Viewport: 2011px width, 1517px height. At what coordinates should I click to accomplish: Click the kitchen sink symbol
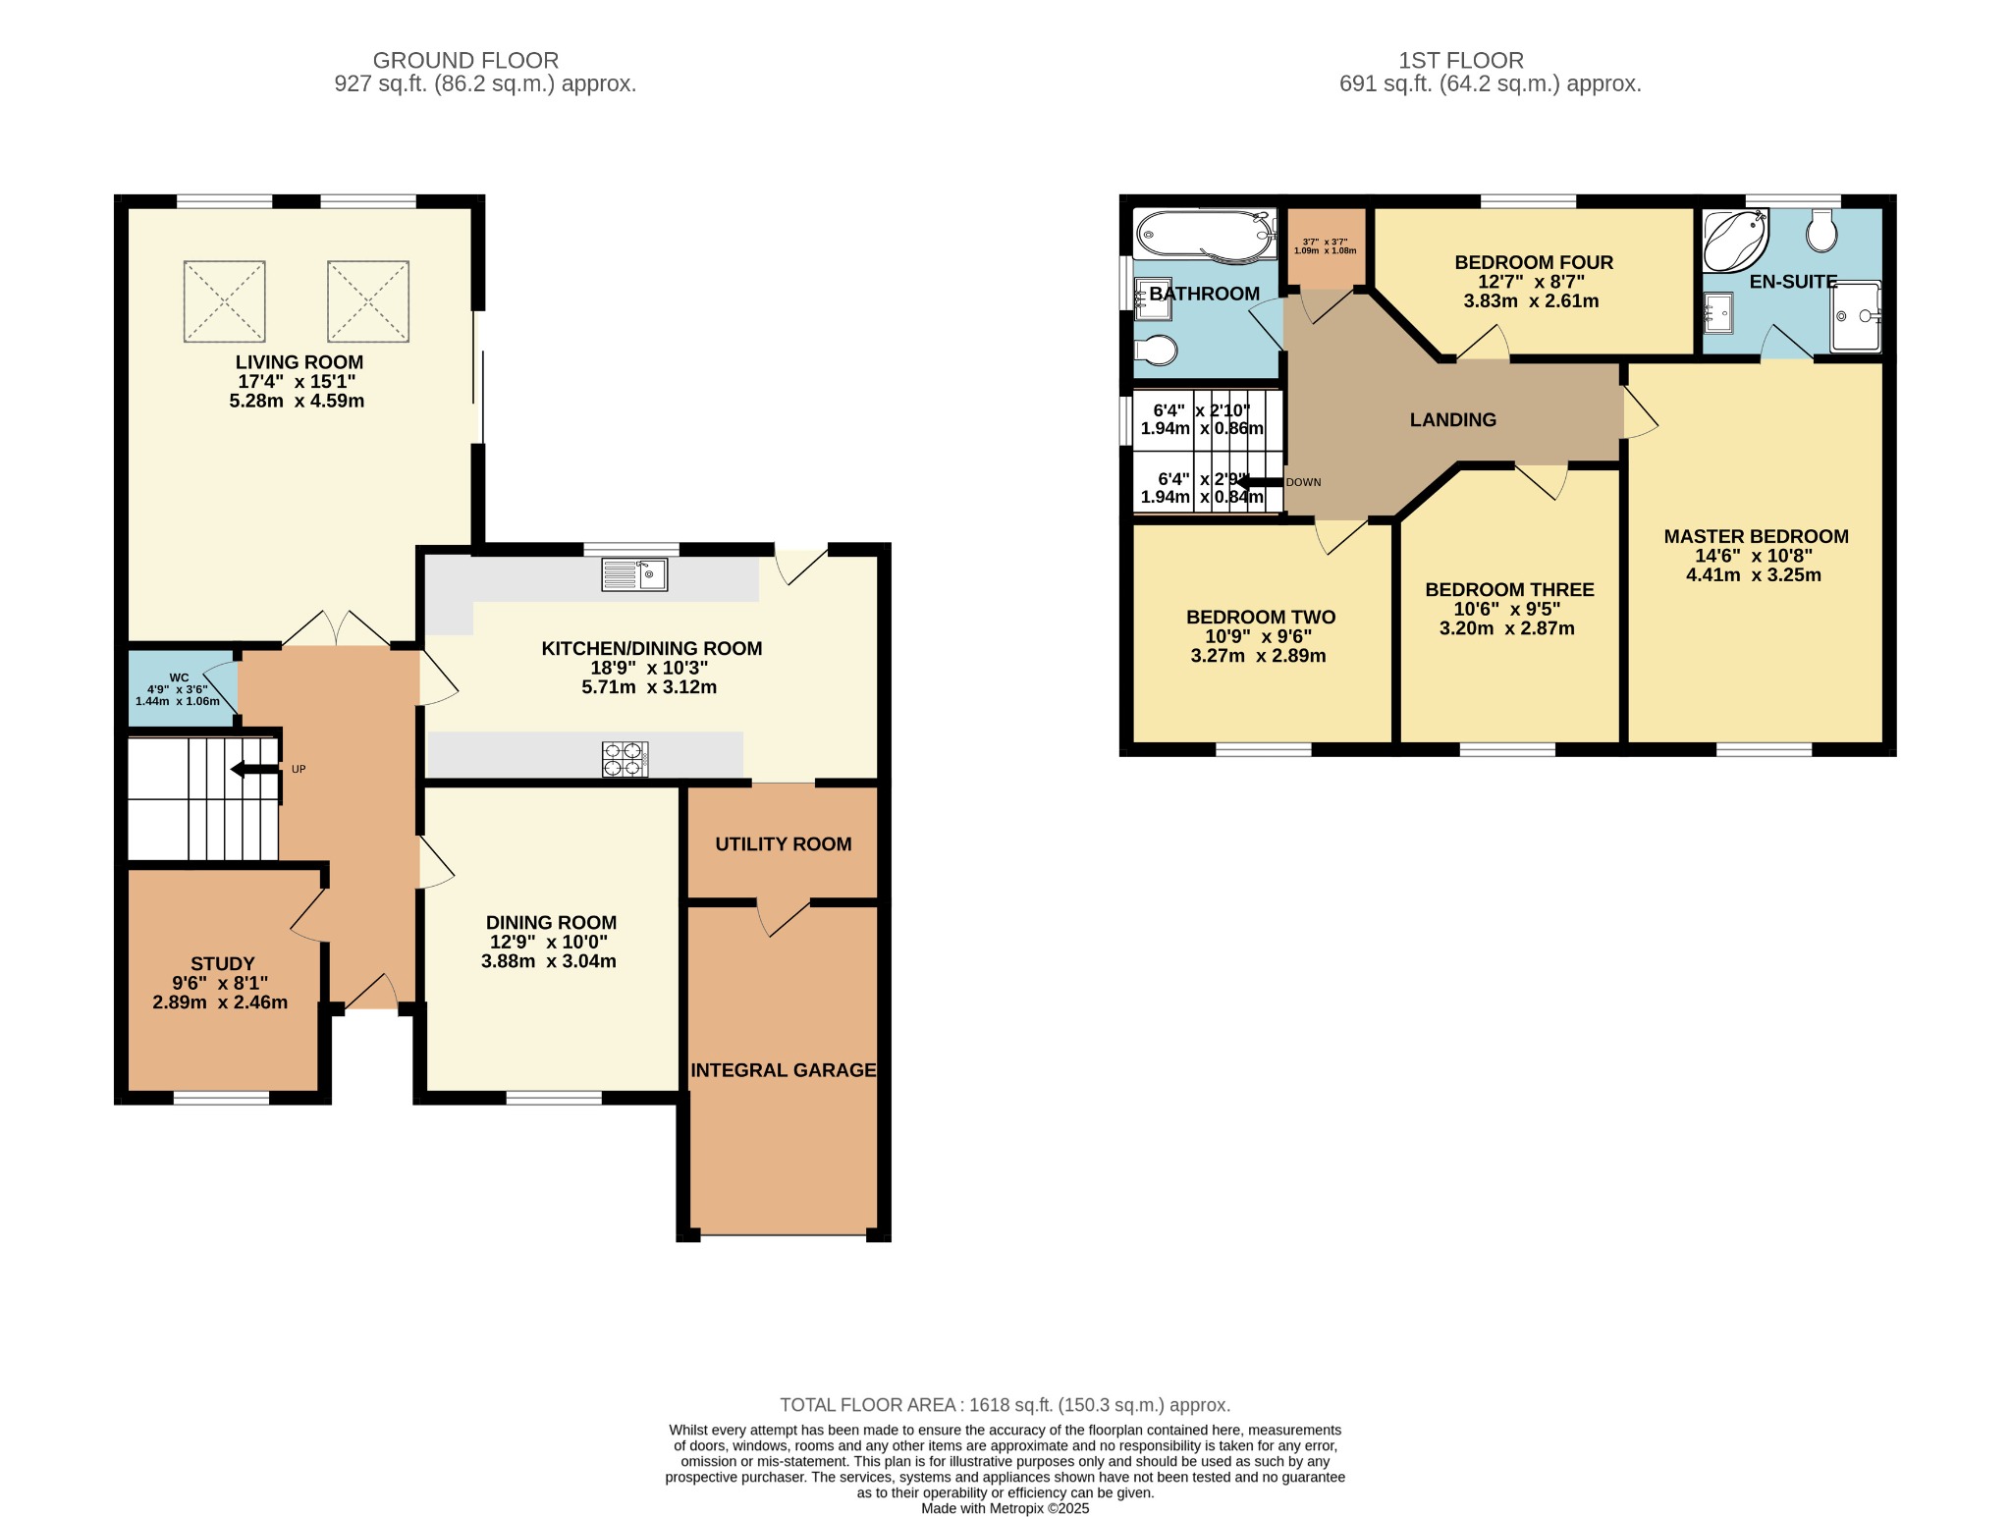634,574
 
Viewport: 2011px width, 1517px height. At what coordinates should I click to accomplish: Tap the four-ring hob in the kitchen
625,759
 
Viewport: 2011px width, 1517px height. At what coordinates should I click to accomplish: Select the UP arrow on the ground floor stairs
254,769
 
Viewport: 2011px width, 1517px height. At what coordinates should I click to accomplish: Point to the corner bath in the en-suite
1733,240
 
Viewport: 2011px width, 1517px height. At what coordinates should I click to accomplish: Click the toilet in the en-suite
1822,232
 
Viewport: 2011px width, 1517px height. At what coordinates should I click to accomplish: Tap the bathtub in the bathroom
1204,236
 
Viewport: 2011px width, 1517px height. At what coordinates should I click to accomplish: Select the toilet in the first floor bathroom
1157,350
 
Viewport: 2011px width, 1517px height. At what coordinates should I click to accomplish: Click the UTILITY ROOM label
783,844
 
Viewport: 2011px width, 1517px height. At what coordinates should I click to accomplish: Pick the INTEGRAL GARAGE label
783,1070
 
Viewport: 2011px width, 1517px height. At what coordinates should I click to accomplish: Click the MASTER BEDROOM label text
1756,537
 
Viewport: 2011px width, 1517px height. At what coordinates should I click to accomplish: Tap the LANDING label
1452,420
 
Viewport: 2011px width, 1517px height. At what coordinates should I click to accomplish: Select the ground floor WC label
179,677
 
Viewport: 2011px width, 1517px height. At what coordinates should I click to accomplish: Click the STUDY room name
223,964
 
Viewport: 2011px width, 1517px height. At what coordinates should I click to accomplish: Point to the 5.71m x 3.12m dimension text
649,687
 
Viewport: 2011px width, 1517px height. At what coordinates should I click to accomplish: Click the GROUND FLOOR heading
465,61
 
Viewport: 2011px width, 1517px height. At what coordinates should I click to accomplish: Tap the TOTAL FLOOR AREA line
1005,1405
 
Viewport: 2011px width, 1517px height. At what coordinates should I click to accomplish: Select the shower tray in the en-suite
1856,316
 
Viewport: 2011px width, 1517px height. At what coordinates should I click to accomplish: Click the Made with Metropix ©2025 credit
1005,1508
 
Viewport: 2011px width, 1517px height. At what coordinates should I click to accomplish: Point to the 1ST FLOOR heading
1460,61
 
